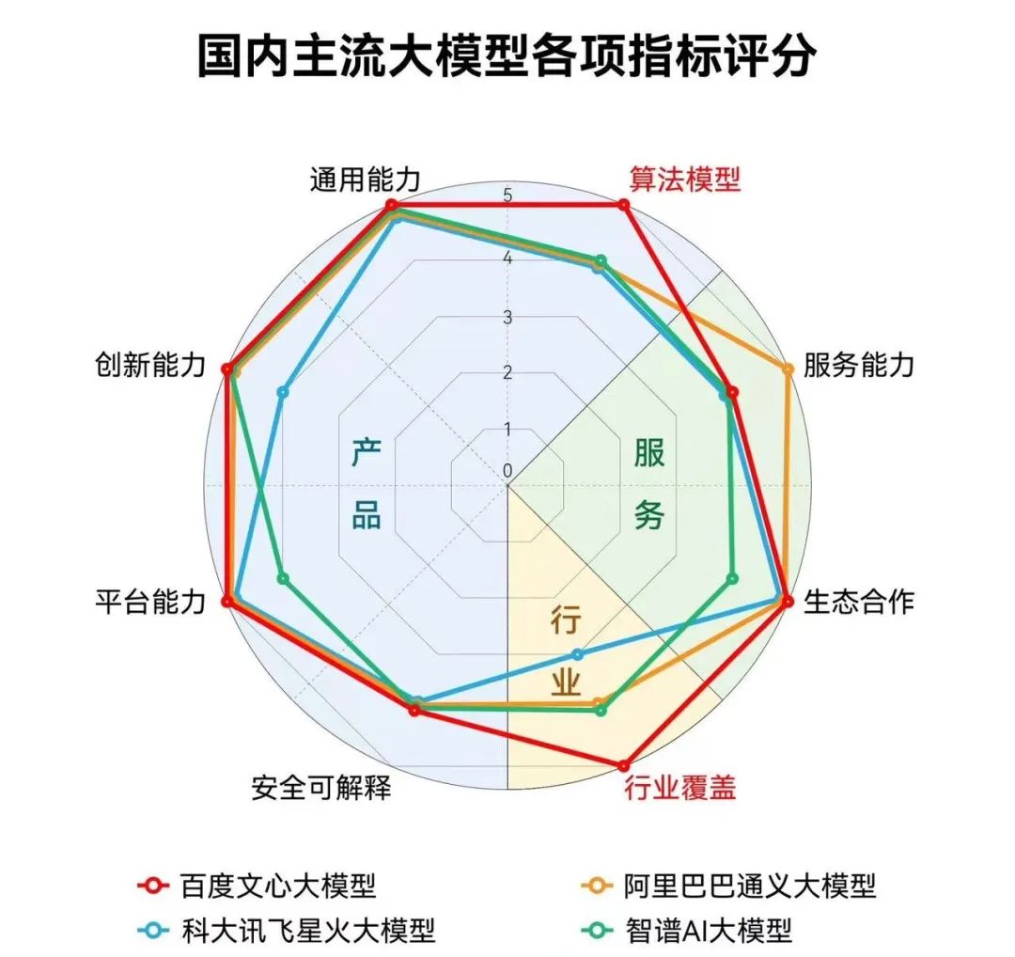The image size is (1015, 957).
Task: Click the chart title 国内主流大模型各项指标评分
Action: [507, 57]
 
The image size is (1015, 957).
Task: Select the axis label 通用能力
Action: [365, 180]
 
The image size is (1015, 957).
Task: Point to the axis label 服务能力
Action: [858, 367]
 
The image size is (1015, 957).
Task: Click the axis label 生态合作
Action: [858, 603]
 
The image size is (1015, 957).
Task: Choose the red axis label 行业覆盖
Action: [680, 788]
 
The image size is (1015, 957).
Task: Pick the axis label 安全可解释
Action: [321, 788]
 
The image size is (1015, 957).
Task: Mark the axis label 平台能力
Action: [149, 603]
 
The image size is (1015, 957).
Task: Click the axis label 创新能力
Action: [149, 367]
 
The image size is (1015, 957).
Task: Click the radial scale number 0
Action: [507, 469]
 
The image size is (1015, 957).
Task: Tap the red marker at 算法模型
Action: [623, 205]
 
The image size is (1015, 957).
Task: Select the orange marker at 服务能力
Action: [788, 369]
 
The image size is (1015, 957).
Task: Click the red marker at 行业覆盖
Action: [623, 765]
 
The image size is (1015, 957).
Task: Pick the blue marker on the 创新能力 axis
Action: [284, 391]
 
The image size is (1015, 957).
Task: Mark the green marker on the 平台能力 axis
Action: [284, 577]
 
